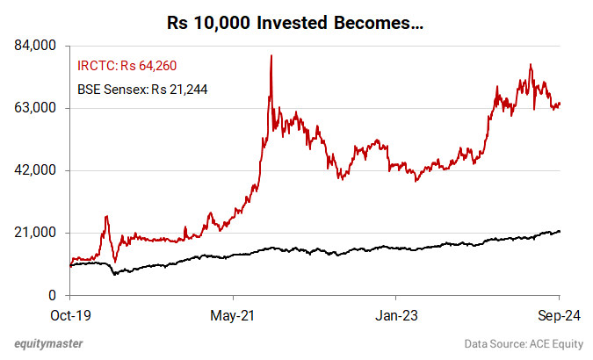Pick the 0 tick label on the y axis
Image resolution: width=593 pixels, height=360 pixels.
pyautogui.click(x=53, y=295)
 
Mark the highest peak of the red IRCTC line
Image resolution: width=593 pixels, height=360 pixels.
pyautogui.click(x=271, y=56)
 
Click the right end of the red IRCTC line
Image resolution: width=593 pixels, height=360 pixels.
pyautogui.click(x=560, y=104)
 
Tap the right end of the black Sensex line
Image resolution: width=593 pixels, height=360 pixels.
pyautogui.click(x=560, y=231)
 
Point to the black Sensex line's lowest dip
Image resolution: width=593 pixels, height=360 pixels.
pyautogui.click(x=114, y=274)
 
